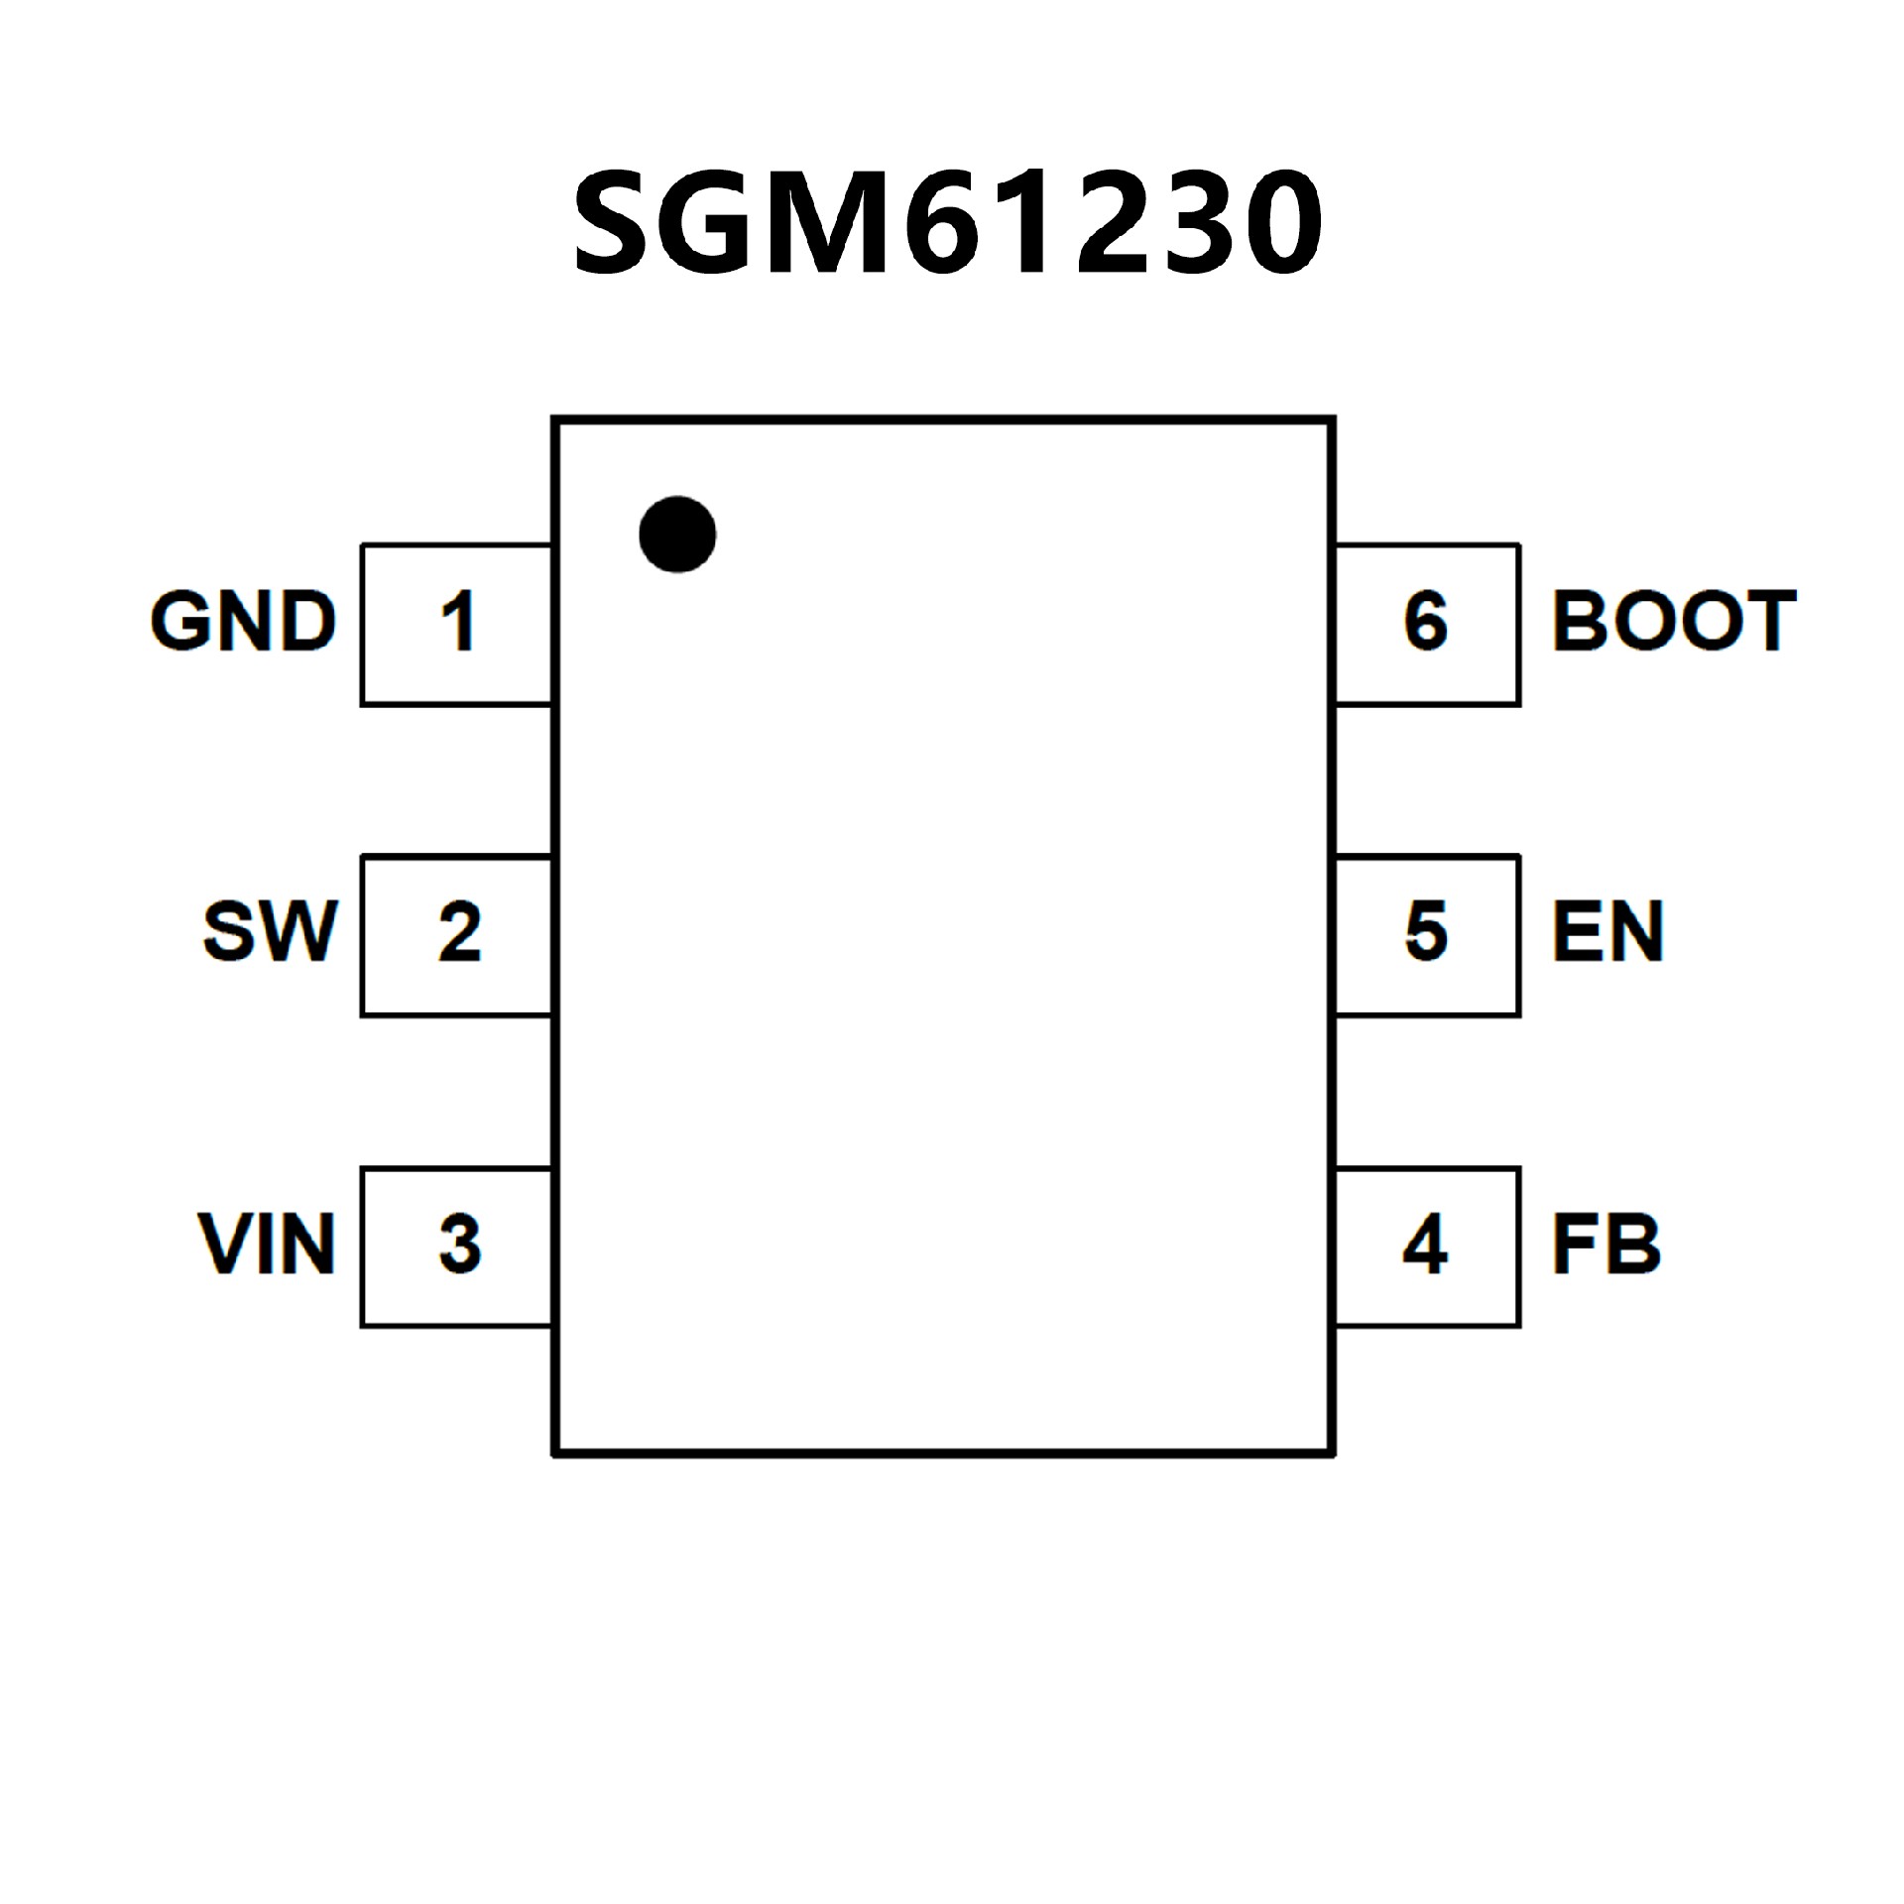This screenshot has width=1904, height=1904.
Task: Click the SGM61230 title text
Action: pyautogui.click(x=947, y=223)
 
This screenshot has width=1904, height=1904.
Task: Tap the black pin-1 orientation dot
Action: pyautogui.click(x=677, y=535)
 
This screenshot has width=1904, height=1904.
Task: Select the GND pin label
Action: pyautogui.click(x=243, y=622)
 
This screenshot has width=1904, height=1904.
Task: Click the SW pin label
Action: pyautogui.click(x=270, y=932)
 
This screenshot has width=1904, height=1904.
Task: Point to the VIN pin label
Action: pyautogui.click(x=267, y=1244)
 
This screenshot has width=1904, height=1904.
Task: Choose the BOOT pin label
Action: pyautogui.click(x=1673, y=622)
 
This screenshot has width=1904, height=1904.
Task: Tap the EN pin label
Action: pyautogui.click(x=1606, y=932)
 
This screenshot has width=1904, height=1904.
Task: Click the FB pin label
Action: pyautogui.click(x=1606, y=1244)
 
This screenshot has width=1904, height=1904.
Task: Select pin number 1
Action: pyautogui.click(x=458, y=623)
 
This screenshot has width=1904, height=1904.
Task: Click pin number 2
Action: pyautogui.click(x=459, y=933)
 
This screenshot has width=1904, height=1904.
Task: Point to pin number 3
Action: pyautogui.click(x=459, y=1245)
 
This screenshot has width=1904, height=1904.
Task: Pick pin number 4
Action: pyautogui.click(x=1425, y=1245)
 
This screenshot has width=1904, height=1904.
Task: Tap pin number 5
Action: pyautogui.click(x=1426, y=933)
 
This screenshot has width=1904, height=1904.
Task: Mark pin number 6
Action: pyautogui.click(x=1426, y=623)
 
